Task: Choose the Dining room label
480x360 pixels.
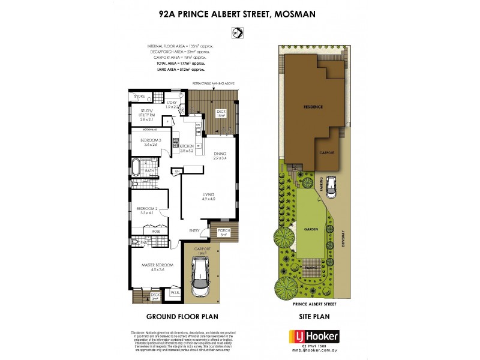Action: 221,155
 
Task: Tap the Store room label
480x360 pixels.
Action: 139,96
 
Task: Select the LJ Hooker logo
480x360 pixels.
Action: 314,336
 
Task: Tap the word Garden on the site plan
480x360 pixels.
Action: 311,228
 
